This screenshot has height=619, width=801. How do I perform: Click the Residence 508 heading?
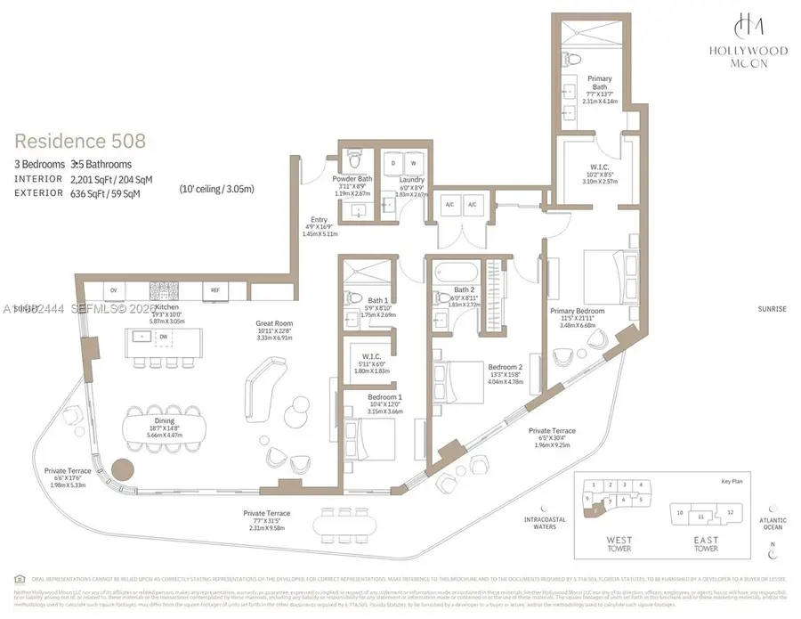tap(80, 141)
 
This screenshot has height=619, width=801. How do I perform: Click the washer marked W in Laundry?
tap(413, 163)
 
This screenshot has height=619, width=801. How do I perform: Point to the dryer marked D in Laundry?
tap(393, 163)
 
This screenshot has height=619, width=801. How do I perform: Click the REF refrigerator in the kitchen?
tap(214, 290)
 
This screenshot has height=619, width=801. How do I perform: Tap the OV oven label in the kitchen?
tap(113, 290)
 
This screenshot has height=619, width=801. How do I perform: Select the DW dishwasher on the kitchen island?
tap(164, 337)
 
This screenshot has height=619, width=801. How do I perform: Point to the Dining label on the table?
tap(164, 420)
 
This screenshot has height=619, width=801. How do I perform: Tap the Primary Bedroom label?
tap(578, 311)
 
